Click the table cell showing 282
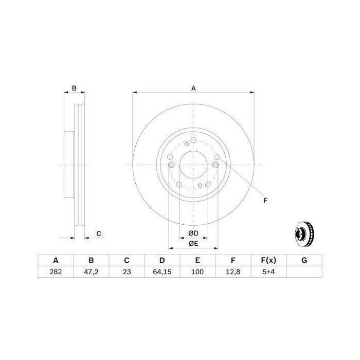(x=56, y=272)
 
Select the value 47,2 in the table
(x=91, y=272)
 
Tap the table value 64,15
(x=162, y=272)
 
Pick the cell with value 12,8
(x=233, y=272)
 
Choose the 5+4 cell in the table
(x=268, y=272)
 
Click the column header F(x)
(x=268, y=260)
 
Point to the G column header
(x=304, y=260)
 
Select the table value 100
(x=197, y=272)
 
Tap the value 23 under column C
(x=127, y=272)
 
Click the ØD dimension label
(x=193, y=233)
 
